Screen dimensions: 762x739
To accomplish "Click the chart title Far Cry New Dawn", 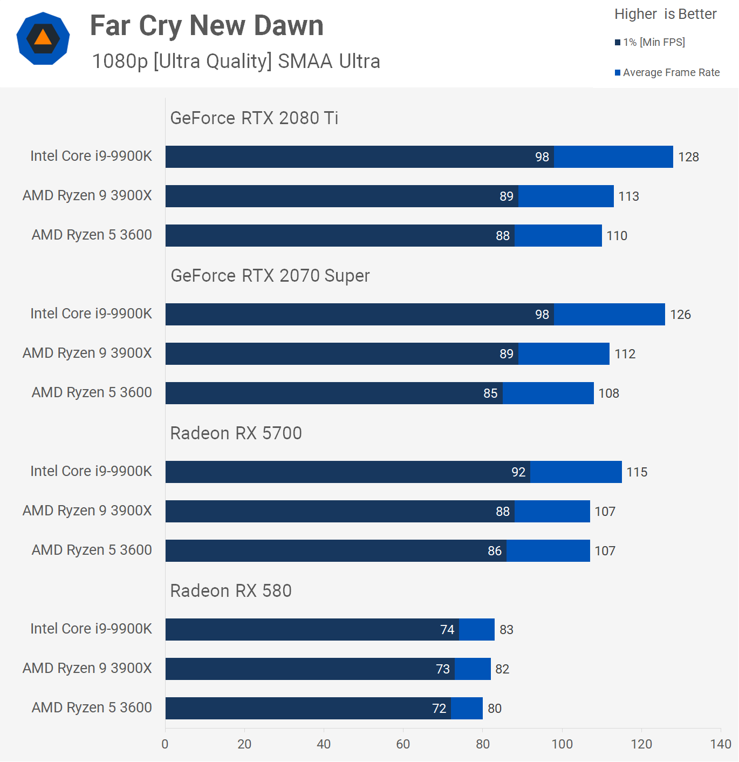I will pos(207,26).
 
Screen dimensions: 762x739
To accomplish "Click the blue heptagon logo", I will pos(43,38).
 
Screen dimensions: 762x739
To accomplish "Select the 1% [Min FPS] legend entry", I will pos(650,42).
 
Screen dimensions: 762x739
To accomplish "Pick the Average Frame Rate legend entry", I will pos(667,72).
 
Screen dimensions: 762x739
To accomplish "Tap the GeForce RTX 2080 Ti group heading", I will pos(254,118).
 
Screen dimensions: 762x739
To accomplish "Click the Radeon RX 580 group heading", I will pos(231,590).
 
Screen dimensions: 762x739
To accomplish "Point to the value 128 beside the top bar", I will pos(688,157).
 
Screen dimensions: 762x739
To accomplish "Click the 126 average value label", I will pos(680,315).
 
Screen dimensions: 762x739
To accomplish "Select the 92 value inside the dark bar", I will pos(518,472).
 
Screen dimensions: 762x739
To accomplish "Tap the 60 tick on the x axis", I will pos(403,744).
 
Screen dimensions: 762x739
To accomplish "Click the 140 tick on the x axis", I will pos(721,744).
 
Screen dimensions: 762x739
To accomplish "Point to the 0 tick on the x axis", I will pos(165,744).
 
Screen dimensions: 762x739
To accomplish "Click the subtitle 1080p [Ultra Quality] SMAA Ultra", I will pos(236,62).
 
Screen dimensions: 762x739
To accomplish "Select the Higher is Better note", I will pos(665,14).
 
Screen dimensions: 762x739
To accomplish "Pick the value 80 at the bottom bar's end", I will pos(495,709).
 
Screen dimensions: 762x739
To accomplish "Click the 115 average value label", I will pos(637,472).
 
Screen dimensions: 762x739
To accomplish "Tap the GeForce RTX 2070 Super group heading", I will pos(270,275).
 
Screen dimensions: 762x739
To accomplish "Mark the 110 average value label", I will pos(617,236).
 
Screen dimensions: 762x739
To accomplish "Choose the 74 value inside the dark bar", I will pos(447,630).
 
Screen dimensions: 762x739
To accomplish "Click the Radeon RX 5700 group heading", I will pos(236,433).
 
